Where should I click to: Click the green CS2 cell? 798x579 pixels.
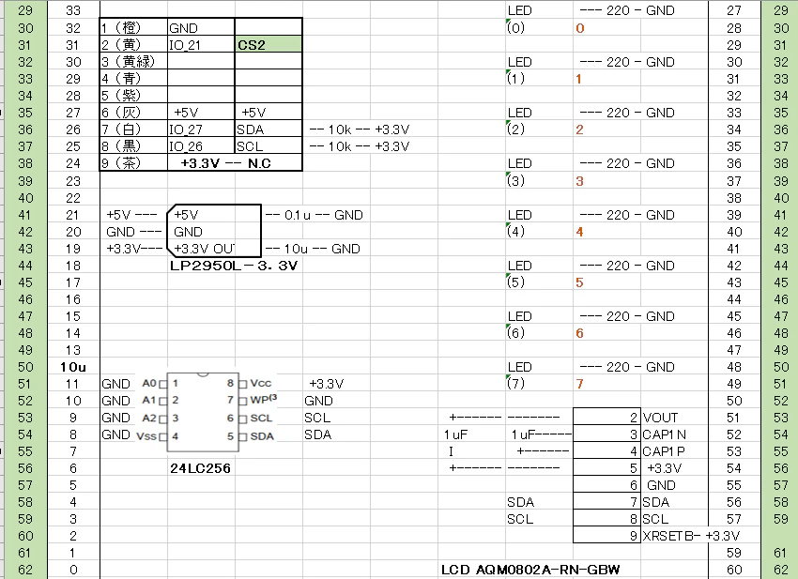[x=269, y=44]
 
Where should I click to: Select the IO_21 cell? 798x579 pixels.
[x=201, y=44]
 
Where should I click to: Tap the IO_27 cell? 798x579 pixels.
[x=201, y=130]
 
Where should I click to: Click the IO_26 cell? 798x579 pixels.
[x=201, y=146]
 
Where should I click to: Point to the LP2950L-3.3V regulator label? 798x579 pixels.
[x=234, y=266]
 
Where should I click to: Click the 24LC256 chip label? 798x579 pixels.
[x=201, y=468]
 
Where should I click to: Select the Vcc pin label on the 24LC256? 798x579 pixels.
[x=261, y=383]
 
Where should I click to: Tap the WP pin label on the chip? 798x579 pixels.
[x=263, y=400]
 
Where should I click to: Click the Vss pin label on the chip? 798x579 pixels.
[x=146, y=436]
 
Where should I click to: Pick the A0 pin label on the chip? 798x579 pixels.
[x=149, y=383]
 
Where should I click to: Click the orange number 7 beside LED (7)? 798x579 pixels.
[x=579, y=384]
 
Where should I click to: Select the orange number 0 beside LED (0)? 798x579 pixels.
[x=579, y=28]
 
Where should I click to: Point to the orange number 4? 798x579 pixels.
[x=579, y=232]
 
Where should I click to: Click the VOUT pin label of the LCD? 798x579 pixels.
[x=660, y=418]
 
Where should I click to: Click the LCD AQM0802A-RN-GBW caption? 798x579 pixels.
[x=530, y=570]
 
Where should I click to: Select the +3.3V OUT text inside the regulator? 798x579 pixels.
[x=204, y=249]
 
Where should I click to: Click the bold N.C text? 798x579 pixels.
[x=259, y=163]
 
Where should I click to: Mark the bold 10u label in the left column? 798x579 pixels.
[x=73, y=367]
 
